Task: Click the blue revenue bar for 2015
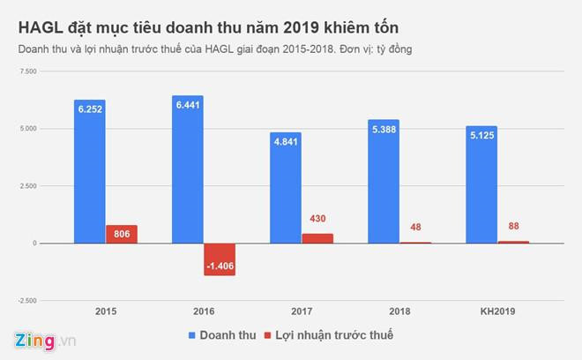(89, 171)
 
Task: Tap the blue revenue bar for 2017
(285, 188)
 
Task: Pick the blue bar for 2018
(383, 181)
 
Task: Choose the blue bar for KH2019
(481, 184)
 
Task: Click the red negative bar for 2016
(220, 259)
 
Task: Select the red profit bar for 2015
(122, 234)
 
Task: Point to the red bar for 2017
(317, 238)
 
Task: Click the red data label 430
(317, 218)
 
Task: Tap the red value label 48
(415, 227)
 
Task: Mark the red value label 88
(513, 226)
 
